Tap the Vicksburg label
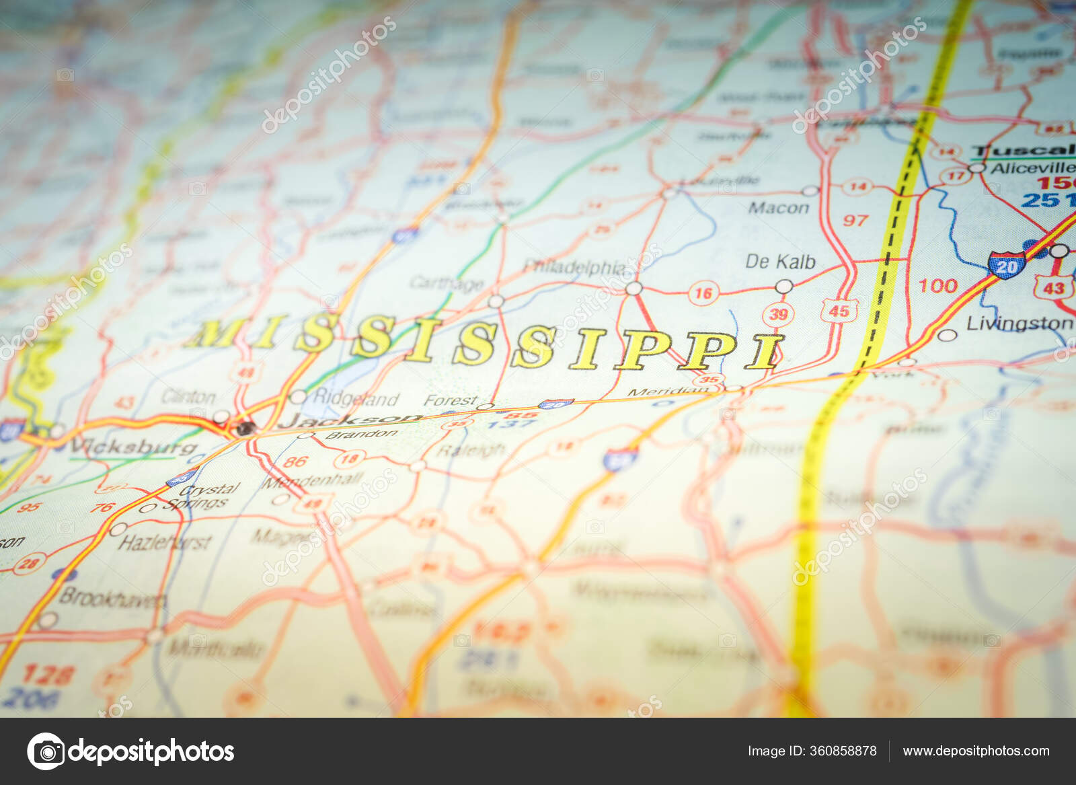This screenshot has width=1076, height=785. pyautogui.click(x=133, y=447)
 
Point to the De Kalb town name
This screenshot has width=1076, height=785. pyautogui.click(x=780, y=262)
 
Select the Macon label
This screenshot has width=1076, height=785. pyautogui.click(x=779, y=208)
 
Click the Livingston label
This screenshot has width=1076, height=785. pyautogui.click(x=1020, y=324)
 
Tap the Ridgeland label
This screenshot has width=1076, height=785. pyautogui.click(x=355, y=399)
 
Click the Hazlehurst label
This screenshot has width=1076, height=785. pyautogui.click(x=165, y=542)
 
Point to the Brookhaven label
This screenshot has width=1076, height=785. pyautogui.click(x=112, y=597)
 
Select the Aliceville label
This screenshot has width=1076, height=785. pyautogui.click(x=1032, y=168)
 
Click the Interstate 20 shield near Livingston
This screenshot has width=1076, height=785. pyautogui.click(x=1006, y=265)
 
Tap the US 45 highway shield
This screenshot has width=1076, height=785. pyautogui.click(x=838, y=311)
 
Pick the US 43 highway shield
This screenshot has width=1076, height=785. pyautogui.click(x=1052, y=287)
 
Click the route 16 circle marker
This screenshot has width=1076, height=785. pyautogui.click(x=703, y=293)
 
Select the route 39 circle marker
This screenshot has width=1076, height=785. pyautogui.click(x=778, y=313)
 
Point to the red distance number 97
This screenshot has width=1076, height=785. pyautogui.click(x=855, y=220)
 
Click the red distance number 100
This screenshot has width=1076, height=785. pyautogui.click(x=937, y=286)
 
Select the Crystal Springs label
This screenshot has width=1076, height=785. pyautogui.click(x=202, y=496)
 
